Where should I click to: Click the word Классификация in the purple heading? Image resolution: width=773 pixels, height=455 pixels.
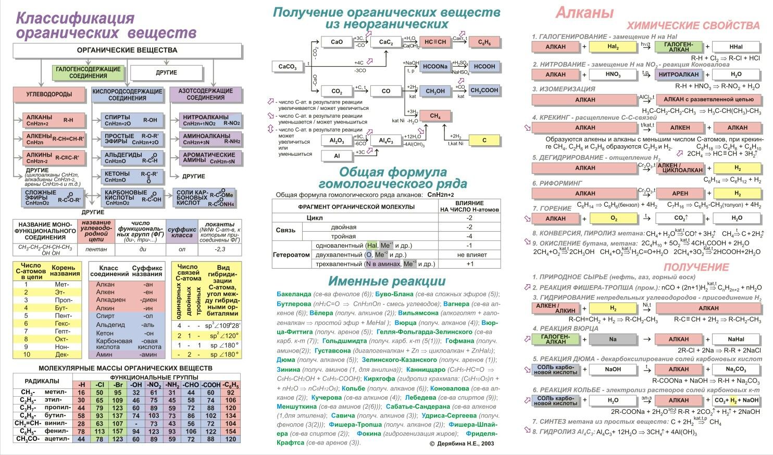tap(76, 18)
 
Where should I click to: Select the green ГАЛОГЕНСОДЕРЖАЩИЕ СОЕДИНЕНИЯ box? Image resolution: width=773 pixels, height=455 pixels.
tap(88, 72)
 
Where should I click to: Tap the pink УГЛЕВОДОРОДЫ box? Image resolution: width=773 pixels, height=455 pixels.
tap(49, 95)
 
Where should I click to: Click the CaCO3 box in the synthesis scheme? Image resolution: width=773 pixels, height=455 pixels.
tap(288, 67)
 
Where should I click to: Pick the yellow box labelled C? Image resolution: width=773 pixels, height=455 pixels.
tap(484, 140)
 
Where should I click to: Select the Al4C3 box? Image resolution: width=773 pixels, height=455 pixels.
tap(385, 141)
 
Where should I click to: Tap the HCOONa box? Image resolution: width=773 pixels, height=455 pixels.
tap(435, 67)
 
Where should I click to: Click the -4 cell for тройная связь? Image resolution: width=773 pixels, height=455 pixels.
tap(469, 236)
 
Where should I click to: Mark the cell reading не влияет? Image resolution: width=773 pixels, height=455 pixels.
tap(469, 255)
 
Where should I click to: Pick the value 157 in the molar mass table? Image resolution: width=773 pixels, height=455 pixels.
tap(118, 431)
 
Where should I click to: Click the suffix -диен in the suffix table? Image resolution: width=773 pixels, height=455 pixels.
tap(149, 300)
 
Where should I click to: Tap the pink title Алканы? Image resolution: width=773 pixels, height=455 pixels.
tap(584, 12)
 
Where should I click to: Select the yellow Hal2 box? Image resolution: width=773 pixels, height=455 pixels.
tap(613, 47)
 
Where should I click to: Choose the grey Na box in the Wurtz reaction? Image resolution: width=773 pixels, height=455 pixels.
tap(613, 339)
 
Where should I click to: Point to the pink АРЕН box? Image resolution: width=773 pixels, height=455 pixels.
tap(680, 193)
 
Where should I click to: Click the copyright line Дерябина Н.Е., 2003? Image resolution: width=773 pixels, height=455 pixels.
tap(462, 444)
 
